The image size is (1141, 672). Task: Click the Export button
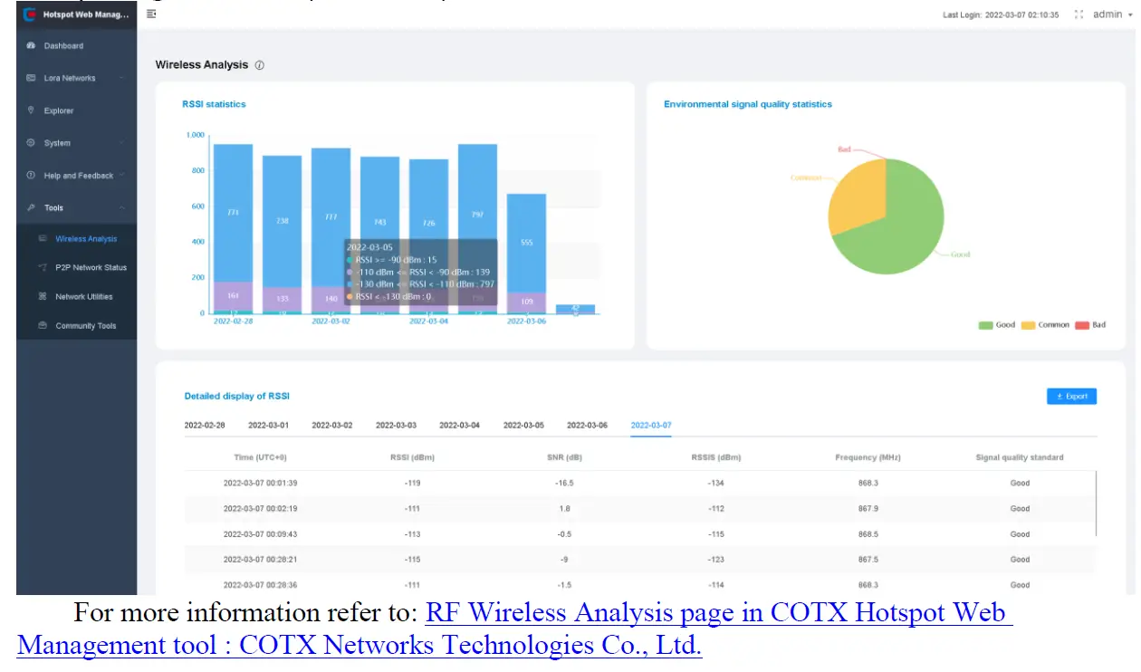(x=1071, y=397)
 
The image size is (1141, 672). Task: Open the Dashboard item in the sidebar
(x=63, y=46)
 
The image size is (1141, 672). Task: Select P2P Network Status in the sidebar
(x=91, y=268)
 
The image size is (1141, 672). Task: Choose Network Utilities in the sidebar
(x=83, y=297)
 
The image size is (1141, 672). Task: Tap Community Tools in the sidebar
(x=86, y=326)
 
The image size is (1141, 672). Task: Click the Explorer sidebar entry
(x=59, y=110)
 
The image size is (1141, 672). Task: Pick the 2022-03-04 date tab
(x=459, y=426)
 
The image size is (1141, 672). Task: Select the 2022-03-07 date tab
(x=651, y=426)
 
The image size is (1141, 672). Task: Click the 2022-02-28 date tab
(x=205, y=426)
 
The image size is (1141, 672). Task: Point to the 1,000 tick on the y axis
(x=196, y=135)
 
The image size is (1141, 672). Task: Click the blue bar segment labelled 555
(x=526, y=243)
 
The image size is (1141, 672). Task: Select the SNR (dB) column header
(x=564, y=458)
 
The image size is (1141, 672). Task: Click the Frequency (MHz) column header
(x=868, y=458)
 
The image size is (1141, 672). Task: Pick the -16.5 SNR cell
(x=564, y=484)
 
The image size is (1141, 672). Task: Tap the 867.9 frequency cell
(x=868, y=509)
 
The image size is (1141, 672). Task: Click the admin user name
(x=1107, y=14)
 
